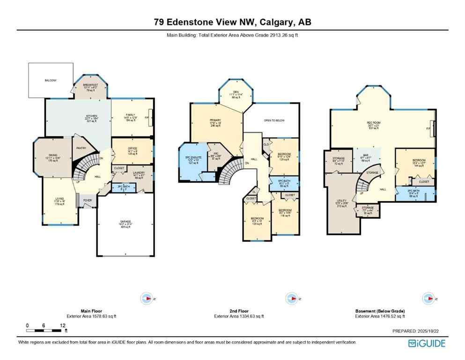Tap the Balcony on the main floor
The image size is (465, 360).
click(51, 81)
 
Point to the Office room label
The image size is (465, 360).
click(133, 150)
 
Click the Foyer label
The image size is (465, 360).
click(87, 200)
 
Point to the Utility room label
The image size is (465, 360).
click(341, 201)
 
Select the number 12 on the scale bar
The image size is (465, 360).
click(62, 325)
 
